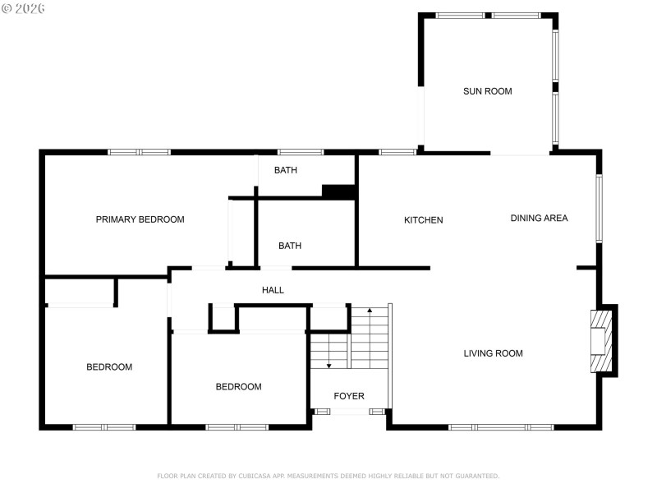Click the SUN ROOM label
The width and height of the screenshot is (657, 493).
coord(487,91)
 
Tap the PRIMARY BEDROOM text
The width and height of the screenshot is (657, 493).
coord(140,219)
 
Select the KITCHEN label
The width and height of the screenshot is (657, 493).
coord(423,220)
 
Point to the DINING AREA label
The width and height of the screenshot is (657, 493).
coord(539,218)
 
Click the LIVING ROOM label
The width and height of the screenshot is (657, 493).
coord(493,353)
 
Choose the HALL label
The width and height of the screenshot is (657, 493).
coord(273,290)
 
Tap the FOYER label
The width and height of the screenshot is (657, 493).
coord(348,396)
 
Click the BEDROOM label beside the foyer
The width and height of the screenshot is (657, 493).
coord(238,386)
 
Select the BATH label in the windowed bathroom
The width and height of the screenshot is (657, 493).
coord(285,170)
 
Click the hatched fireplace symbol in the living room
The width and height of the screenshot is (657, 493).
coord(603,340)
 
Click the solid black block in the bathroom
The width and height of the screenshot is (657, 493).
coord(338,191)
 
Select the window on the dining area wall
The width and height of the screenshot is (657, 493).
coord(600,209)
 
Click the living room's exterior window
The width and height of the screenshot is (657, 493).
coord(500,426)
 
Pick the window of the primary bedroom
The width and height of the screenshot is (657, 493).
coord(139,152)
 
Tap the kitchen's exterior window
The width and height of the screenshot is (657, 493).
coord(397,152)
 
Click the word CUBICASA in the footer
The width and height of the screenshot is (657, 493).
coord(260,476)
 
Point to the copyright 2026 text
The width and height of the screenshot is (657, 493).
coord(24,8)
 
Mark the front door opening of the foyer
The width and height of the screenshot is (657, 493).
coord(349,411)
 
